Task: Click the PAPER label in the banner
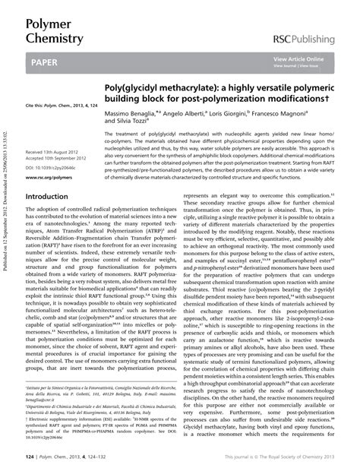pos(46,65)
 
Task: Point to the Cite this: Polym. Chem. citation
pos(58,103)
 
